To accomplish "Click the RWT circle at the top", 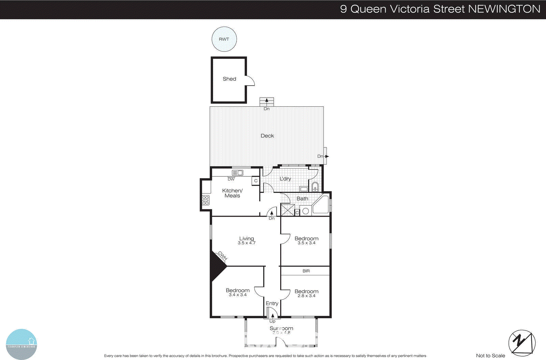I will pos(224,39).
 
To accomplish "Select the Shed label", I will pos(229,79).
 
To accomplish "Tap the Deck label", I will pos(267,136).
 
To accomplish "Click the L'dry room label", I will pos(285,179).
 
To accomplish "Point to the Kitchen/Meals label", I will pos(232,193).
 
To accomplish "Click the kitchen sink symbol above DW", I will pos(238,173).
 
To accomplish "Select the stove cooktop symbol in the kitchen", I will pos(205,200).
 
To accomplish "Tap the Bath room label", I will pos(302,199).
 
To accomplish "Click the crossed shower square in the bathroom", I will pos(287,210).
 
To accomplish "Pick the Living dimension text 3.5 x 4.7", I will pos(246,243).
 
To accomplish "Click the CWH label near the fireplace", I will pos(222,256).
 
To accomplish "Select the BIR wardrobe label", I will pos(306,271).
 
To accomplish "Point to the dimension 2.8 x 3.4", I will pos(306,296).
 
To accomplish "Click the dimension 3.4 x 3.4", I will pos(238,295).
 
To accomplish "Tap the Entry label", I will pos(272,303).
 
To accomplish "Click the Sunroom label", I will pos(281,328).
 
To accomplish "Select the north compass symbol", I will pos(522,343).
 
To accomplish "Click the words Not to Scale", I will pos(490,356).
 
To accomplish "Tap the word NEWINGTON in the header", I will pos(504,9).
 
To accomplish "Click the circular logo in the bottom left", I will pos(21,344).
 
